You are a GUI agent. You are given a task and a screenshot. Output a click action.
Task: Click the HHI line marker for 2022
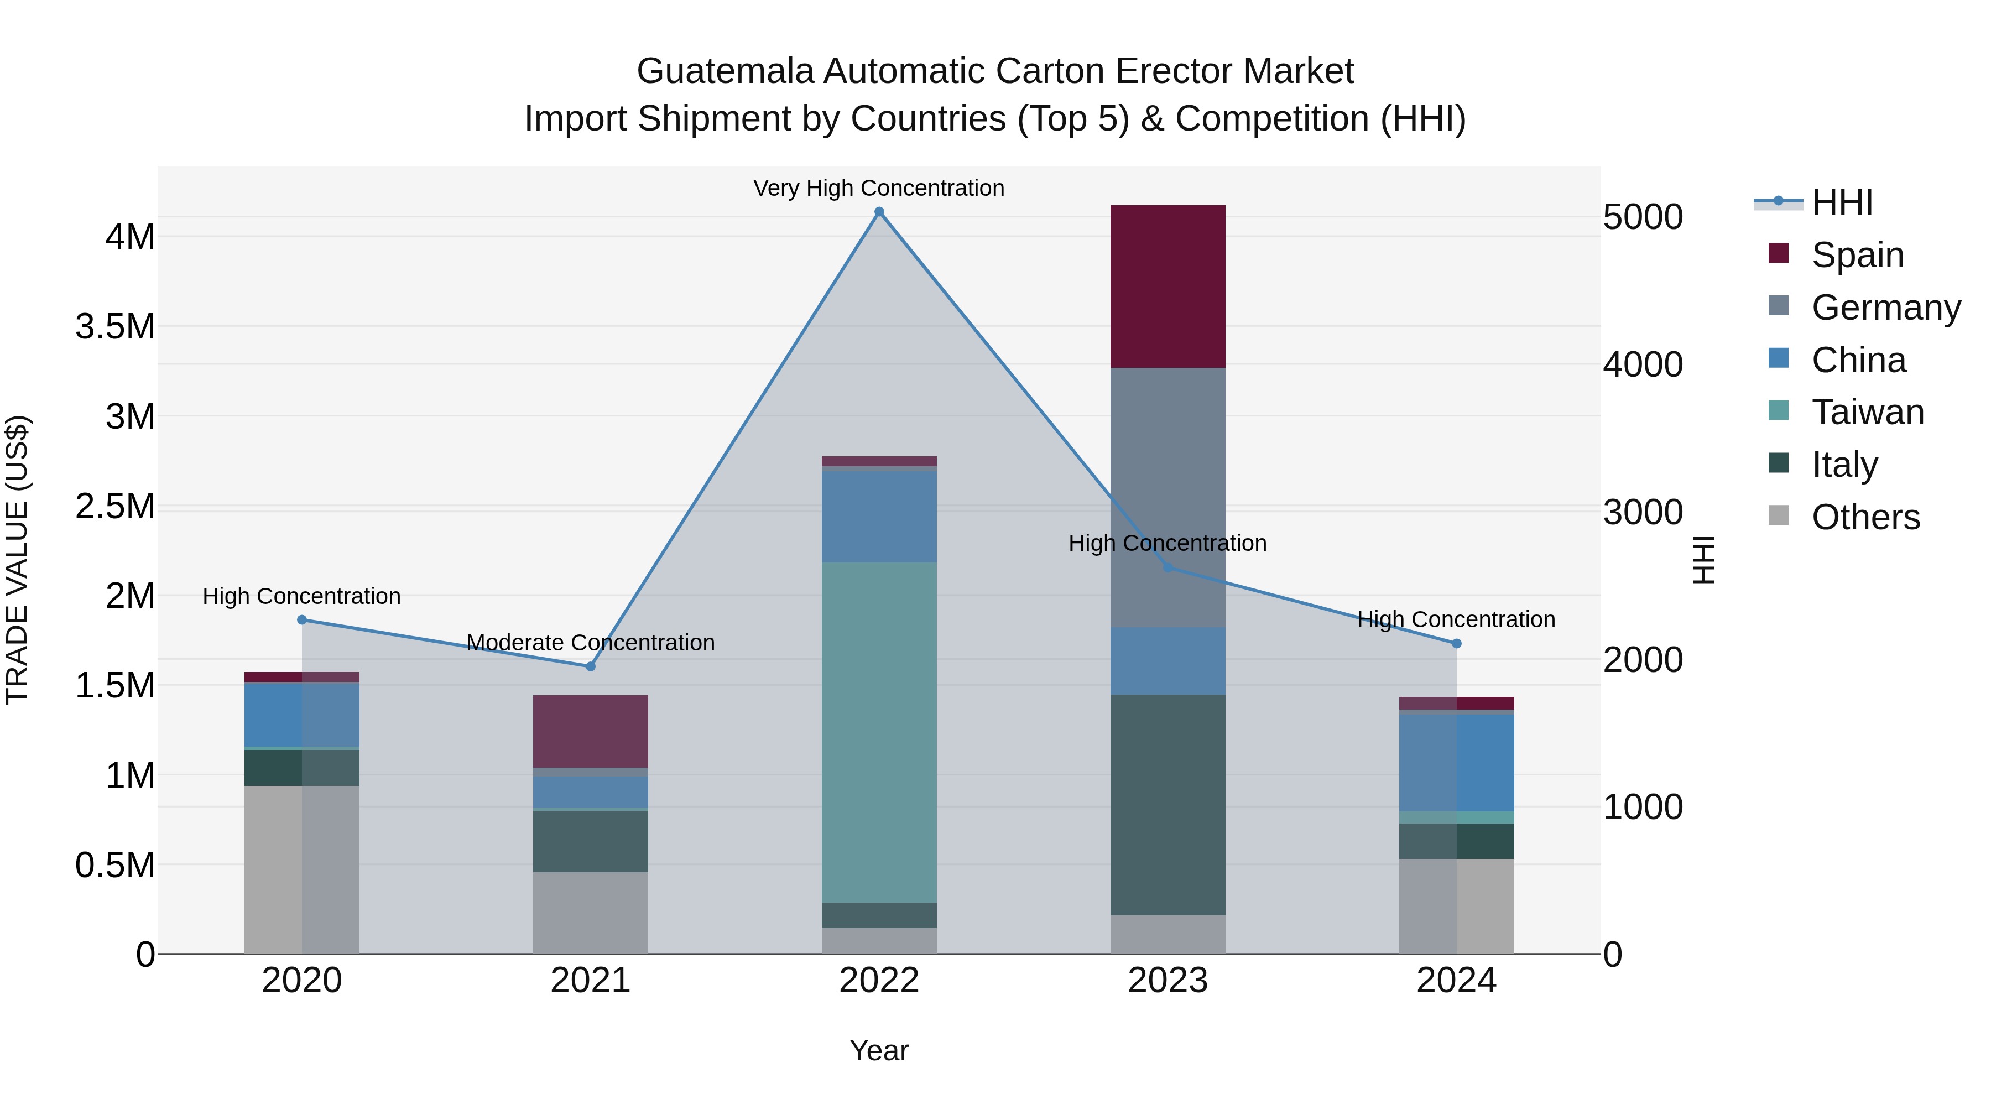(879, 212)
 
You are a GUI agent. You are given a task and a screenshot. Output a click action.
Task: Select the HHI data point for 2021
(591, 666)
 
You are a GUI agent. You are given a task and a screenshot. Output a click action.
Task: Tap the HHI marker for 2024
(1456, 643)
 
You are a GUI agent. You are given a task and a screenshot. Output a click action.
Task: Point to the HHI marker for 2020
(302, 620)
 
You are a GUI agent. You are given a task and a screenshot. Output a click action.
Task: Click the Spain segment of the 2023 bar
(1168, 286)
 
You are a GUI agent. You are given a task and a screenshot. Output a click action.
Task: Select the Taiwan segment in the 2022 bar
(879, 732)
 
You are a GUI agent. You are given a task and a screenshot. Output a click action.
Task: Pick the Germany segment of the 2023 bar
(1168, 497)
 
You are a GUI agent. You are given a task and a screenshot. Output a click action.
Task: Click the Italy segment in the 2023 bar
(1168, 805)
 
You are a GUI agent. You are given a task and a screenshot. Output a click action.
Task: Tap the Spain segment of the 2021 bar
(591, 731)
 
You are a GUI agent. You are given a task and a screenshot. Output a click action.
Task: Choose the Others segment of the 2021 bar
(591, 913)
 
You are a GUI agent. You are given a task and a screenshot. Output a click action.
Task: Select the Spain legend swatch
(1779, 253)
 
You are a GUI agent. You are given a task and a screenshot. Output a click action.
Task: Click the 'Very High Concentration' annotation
(879, 188)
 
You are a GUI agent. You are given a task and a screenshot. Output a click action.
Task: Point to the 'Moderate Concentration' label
(591, 642)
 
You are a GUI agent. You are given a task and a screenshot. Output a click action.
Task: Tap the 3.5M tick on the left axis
(115, 327)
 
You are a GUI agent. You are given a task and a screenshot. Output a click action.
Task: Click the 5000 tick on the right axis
(1643, 217)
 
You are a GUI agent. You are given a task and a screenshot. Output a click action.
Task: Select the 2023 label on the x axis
(1168, 981)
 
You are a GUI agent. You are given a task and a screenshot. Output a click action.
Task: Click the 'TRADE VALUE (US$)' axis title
(18, 560)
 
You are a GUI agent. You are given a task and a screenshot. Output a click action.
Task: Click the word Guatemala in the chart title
(725, 71)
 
